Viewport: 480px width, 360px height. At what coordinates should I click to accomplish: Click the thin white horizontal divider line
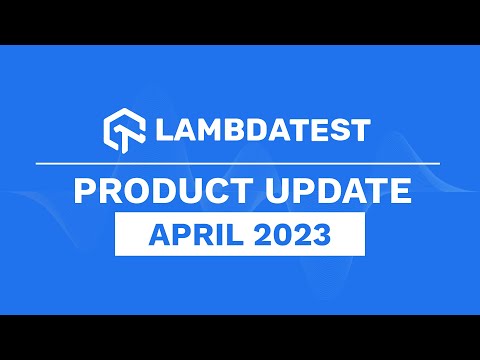[x=240, y=162]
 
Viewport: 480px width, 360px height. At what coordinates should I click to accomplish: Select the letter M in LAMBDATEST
[x=205, y=131]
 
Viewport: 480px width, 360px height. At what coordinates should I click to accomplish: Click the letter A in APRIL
[x=157, y=236]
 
